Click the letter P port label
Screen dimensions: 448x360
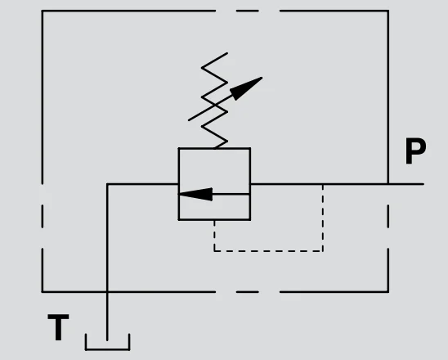click(x=416, y=151)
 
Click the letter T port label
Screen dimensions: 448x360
click(x=58, y=327)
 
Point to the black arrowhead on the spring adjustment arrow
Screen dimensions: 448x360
click(x=245, y=88)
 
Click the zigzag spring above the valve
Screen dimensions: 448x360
click(x=214, y=100)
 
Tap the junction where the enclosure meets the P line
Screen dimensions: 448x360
click(x=388, y=184)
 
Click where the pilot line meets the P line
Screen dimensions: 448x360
click(x=323, y=184)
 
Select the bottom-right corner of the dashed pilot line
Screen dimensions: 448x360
click(x=323, y=251)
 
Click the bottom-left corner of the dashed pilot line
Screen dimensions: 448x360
click(x=214, y=251)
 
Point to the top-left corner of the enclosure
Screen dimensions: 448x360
click(x=43, y=11)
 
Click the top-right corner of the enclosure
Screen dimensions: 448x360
click(x=388, y=11)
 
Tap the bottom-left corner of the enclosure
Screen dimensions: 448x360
click(x=43, y=292)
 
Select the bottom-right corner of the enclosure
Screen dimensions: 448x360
click(x=388, y=292)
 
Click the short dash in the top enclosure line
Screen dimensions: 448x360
click(x=248, y=11)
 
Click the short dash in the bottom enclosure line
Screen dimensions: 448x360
click(x=248, y=292)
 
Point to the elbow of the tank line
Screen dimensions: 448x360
click(x=107, y=184)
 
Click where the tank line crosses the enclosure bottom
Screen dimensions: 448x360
click(x=107, y=292)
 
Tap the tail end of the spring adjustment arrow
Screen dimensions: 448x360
click(x=189, y=120)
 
